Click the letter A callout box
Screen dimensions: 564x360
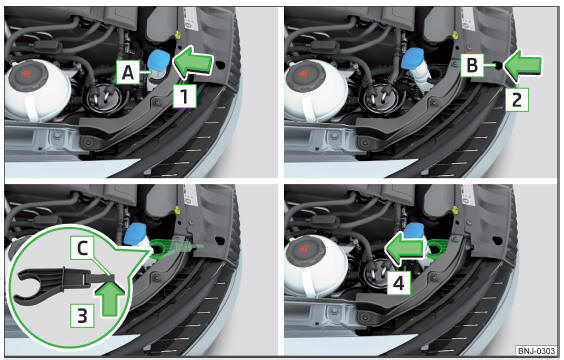(128, 72)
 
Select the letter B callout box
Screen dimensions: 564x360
(472, 65)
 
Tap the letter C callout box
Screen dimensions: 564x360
(82, 248)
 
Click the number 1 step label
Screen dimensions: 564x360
(185, 96)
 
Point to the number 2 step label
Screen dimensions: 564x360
(517, 99)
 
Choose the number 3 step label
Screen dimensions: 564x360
(82, 315)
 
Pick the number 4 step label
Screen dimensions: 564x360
(399, 283)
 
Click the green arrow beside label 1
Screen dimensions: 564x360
(193, 62)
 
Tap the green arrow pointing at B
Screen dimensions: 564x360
(523, 65)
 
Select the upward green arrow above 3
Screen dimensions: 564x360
(110, 298)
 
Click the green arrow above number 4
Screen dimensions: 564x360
(405, 248)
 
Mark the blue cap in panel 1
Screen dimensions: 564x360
(159, 59)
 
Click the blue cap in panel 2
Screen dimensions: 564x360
(413, 58)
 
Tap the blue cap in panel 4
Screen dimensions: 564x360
(414, 230)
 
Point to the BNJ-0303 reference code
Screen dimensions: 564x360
(536, 350)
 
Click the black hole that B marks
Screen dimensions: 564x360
(498, 65)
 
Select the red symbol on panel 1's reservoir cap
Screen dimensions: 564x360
(26, 74)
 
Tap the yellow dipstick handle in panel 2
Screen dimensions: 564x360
(456, 35)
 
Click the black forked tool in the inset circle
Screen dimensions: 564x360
(58, 282)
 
